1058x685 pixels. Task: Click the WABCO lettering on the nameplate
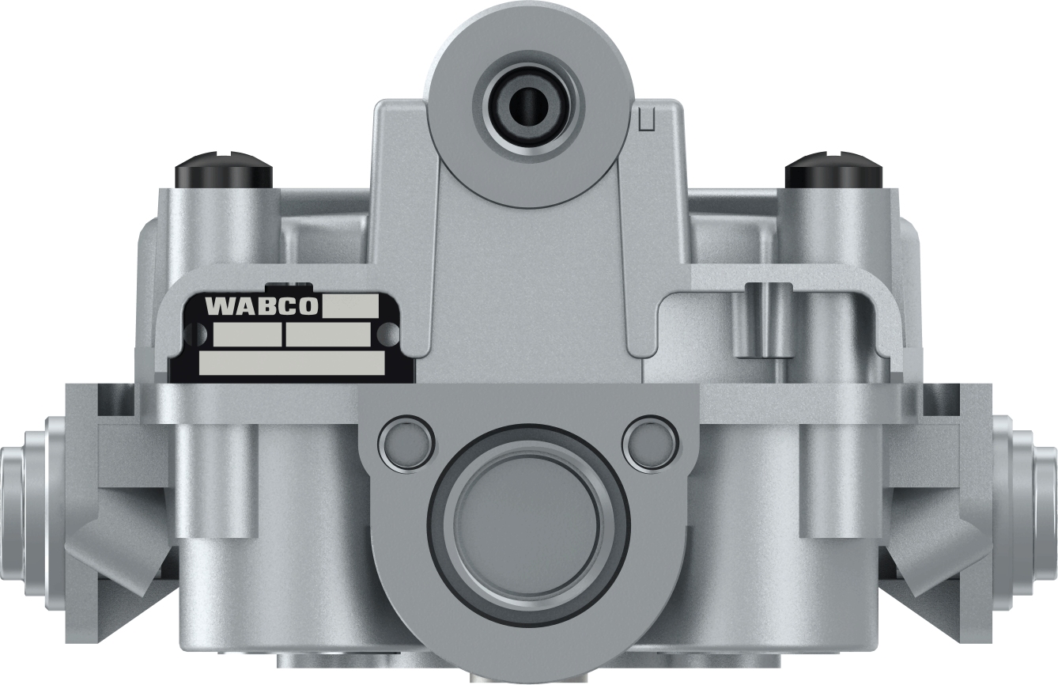(261, 306)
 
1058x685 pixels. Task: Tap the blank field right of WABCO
(350, 305)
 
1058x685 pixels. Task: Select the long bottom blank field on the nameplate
(291, 363)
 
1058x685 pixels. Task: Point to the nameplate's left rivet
(192, 335)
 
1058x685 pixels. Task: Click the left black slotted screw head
(224, 170)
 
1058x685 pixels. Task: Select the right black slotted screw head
(833, 170)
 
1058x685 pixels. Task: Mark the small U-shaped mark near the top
(646, 119)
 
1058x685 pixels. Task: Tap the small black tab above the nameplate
(288, 286)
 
